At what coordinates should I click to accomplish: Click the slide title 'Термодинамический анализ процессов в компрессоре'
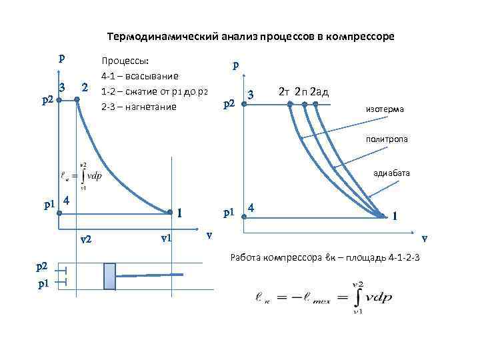[x=251, y=37]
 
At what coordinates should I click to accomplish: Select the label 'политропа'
[x=387, y=139]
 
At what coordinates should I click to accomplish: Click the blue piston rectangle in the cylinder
[x=109, y=275]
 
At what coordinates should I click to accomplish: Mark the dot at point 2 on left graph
[x=77, y=100]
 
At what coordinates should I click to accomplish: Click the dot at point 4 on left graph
[x=59, y=213]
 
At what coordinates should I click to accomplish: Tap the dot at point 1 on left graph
[x=171, y=213]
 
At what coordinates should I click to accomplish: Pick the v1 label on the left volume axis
[x=167, y=237]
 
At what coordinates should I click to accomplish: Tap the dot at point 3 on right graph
[x=243, y=103]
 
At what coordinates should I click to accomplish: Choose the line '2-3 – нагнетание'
[x=139, y=106]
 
